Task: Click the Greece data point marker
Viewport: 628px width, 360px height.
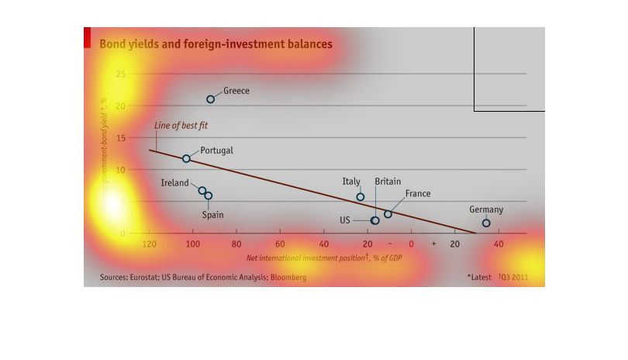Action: click(210, 99)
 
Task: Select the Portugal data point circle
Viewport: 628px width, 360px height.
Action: click(186, 158)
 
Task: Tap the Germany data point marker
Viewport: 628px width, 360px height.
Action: click(486, 223)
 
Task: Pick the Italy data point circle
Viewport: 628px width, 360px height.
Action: click(360, 197)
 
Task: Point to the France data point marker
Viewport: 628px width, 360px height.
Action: click(388, 214)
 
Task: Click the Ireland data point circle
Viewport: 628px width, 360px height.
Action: click(202, 191)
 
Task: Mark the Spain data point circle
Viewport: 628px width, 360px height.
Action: click(208, 196)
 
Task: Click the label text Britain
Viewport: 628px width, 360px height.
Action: click(388, 182)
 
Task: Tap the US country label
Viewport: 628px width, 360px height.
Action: click(345, 220)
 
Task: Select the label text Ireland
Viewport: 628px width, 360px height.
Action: click(175, 183)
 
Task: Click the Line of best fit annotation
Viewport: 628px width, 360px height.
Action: click(181, 125)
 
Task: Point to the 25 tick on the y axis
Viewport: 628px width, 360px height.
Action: click(120, 74)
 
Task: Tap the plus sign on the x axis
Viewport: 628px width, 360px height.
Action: click(433, 244)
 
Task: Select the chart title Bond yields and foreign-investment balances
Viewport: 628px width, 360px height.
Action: click(216, 44)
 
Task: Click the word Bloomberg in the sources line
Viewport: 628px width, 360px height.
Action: click(288, 277)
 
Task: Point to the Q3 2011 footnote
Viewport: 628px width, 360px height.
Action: click(513, 277)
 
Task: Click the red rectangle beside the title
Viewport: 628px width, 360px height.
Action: click(87, 39)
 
